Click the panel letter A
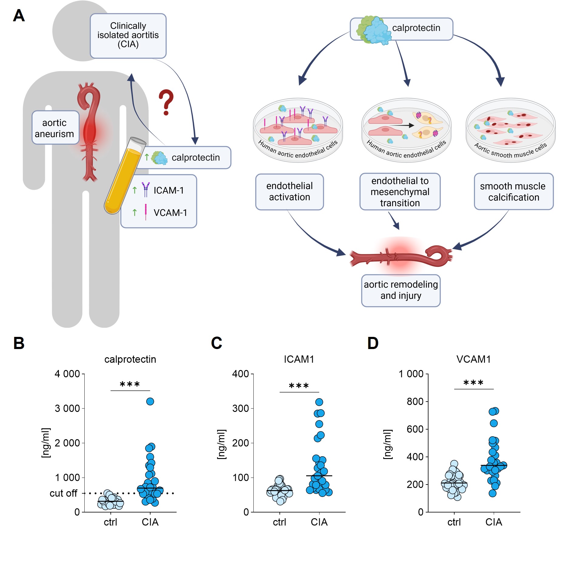coord(19,15)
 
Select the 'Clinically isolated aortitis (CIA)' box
coord(128,35)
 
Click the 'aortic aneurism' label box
coord(55,128)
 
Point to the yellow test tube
coord(124,176)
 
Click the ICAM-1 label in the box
coord(168,190)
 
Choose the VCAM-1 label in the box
coord(170,213)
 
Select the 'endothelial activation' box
coord(289,191)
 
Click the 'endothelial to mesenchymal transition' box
coord(400,192)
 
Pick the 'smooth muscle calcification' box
coord(513,192)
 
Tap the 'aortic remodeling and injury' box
coord(401,290)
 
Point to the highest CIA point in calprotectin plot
coord(150,401)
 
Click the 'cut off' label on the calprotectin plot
coord(63,493)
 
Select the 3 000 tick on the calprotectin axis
coord(67,408)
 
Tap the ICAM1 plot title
coord(299,359)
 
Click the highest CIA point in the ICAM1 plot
coord(319,402)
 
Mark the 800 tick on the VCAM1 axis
coord(415,402)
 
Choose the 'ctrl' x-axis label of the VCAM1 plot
coord(454,522)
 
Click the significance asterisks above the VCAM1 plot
coord(473,383)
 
